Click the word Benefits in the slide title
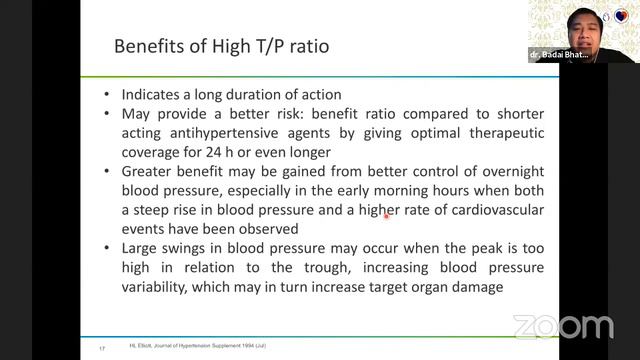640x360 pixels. [146, 47]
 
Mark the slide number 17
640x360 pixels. [103, 347]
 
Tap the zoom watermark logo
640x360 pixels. [563, 326]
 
